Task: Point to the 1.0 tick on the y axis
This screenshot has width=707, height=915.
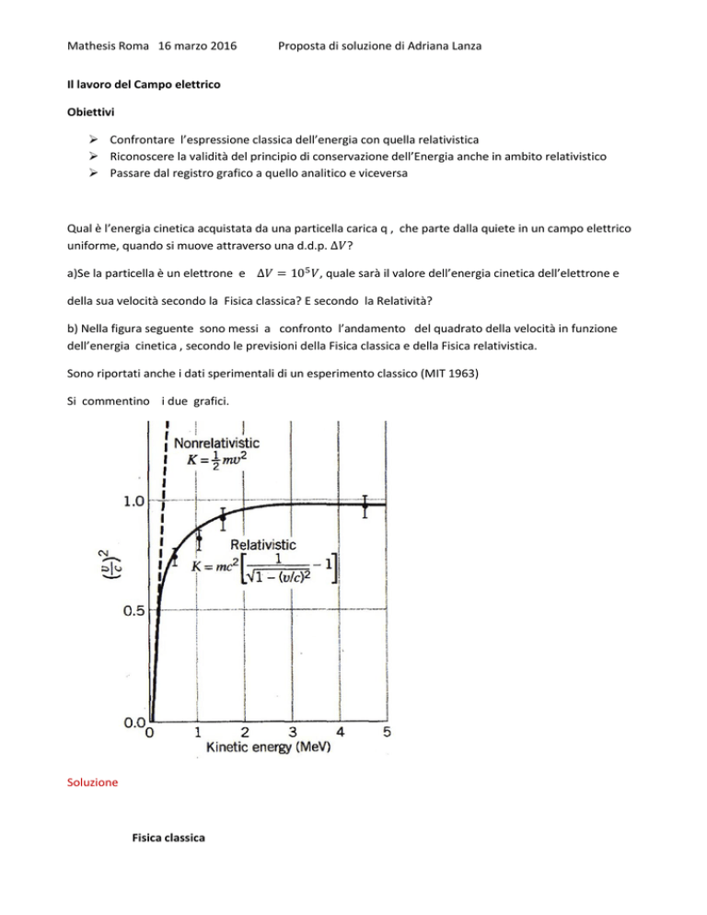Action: click(129, 502)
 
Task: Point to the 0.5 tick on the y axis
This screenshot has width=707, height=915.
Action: click(129, 610)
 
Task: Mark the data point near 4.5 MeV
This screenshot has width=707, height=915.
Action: click(365, 505)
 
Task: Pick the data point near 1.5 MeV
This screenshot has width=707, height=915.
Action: click(222, 517)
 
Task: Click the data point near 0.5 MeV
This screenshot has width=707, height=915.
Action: click(175, 555)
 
